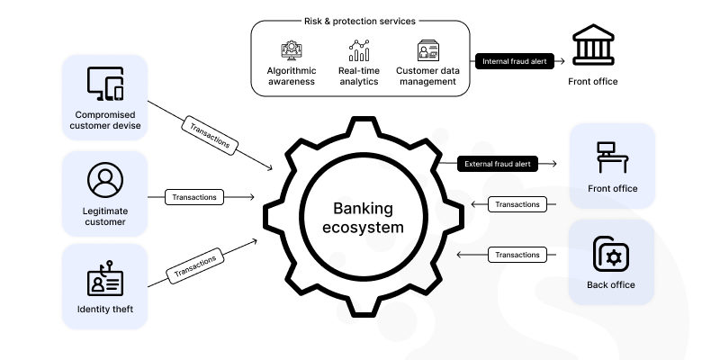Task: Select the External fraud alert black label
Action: point(498,164)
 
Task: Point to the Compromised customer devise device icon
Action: point(105,85)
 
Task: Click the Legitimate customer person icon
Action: point(105,180)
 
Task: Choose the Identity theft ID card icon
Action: point(105,275)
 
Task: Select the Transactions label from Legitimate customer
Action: point(195,196)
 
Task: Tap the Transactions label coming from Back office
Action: point(518,255)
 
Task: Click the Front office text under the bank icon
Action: point(592,82)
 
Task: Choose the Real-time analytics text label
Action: point(360,76)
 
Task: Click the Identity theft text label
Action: point(105,310)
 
